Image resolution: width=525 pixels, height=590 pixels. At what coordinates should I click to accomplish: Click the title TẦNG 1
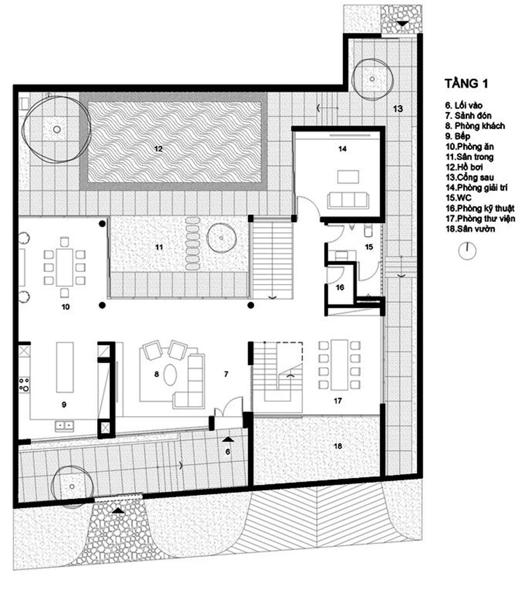point(466,83)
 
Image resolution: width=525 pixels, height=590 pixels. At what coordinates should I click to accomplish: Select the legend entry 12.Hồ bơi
point(465,167)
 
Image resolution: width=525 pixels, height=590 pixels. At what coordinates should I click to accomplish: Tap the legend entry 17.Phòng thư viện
point(480,218)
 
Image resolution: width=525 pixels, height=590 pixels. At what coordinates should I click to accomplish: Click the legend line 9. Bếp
point(458,136)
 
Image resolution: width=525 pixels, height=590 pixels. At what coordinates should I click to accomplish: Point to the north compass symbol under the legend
point(467,251)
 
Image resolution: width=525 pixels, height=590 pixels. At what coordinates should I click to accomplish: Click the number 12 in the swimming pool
point(158,148)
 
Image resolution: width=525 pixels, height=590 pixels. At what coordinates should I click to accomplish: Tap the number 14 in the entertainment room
point(342,148)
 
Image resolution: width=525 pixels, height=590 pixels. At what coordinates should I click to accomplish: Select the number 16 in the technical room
point(340,287)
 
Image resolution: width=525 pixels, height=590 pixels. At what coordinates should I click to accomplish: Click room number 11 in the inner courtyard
point(159,247)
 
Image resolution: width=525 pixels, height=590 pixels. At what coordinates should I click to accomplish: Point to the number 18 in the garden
point(338,446)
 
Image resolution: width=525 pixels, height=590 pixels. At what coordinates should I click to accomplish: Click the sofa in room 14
point(348,200)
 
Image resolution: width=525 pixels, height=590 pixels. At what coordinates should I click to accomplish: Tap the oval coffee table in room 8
point(170,374)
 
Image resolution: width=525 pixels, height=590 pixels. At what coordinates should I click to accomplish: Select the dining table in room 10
point(65,268)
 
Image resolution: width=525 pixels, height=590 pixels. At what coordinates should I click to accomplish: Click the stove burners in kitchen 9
point(24,384)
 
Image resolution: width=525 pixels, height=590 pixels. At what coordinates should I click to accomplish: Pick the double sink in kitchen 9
point(64,426)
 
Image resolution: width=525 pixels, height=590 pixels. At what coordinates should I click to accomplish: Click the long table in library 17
point(339,365)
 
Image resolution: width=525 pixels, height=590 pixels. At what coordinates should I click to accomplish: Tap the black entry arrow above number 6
point(228,439)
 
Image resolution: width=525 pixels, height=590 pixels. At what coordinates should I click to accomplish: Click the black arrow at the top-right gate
point(403,23)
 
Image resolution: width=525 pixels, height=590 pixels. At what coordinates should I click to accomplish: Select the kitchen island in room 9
point(65,367)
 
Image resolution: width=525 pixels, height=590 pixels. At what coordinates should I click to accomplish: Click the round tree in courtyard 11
point(221,238)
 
